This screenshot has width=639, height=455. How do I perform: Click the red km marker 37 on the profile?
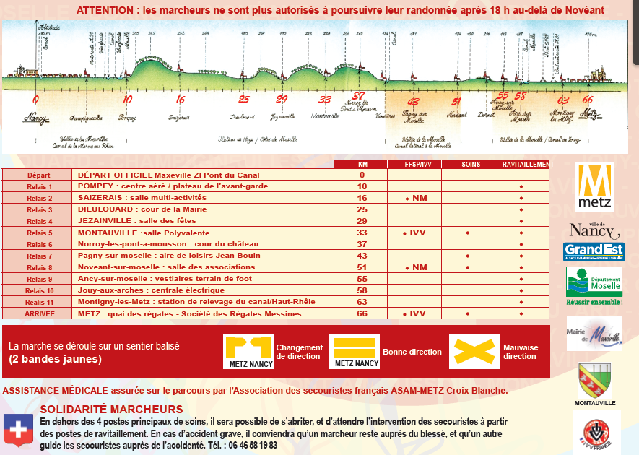pos(359,95)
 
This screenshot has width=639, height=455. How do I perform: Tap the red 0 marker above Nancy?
pos(35,100)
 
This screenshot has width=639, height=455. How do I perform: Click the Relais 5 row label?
pos(40,233)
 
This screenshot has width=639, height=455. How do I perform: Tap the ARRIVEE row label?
pos(40,313)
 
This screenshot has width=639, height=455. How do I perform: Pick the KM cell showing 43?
pos(362,256)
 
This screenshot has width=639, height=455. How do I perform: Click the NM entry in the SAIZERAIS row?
pos(416,198)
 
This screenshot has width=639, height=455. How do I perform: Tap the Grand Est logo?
pos(594,252)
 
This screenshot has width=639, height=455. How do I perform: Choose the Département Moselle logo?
pos(594,282)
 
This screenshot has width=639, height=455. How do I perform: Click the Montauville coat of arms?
pos(594,379)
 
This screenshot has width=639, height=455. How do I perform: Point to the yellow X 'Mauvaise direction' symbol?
pos(474,352)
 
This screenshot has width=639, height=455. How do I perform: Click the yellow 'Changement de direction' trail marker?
pos(248,352)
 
